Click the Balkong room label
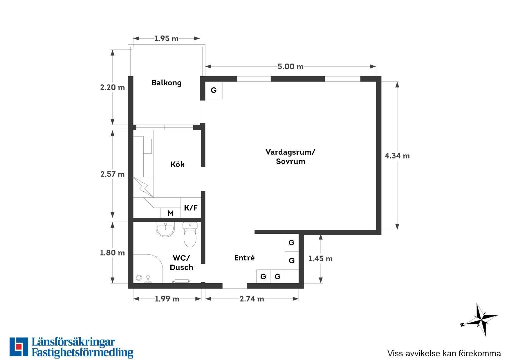click(x=166, y=83)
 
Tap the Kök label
click(x=177, y=164)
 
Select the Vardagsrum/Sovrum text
click(x=290, y=157)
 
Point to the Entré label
click(x=244, y=258)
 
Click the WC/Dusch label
click(x=181, y=262)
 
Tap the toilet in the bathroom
click(x=190, y=235)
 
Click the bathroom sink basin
click(x=165, y=230)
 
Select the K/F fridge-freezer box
click(x=191, y=208)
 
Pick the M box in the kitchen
click(x=171, y=213)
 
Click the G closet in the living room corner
click(x=214, y=90)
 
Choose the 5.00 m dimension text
click(x=290, y=66)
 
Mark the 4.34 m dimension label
click(x=397, y=156)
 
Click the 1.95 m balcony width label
click(x=166, y=38)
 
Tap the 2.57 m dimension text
click(x=112, y=174)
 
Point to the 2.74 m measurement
click(x=252, y=299)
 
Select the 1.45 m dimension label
click(x=320, y=258)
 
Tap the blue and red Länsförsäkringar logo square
click(x=19, y=347)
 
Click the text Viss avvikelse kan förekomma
click(x=444, y=353)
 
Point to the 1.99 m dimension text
click(x=167, y=299)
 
